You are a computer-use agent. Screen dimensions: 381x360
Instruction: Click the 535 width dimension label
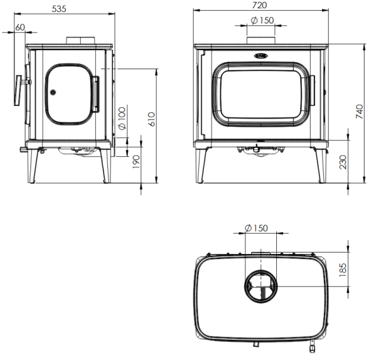[x=59, y=9]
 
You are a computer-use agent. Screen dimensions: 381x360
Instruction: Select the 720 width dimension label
[x=259, y=5]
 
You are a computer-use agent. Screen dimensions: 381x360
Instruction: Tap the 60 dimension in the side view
[x=20, y=27]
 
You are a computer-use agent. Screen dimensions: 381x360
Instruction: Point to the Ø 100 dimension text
[x=122, y=118]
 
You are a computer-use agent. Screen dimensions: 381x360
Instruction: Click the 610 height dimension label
[x=151, y=119]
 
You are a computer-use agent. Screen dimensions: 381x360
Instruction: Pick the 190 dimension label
[x=137, y=162]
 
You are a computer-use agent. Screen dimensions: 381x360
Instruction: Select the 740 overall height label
[x=359, y=112]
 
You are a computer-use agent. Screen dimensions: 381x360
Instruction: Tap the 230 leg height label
[x=343, y=162]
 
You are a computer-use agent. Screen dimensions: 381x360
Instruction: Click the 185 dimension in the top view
[x=342, y=270]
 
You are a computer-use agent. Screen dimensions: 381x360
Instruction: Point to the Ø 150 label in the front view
[x=262, y=20]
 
